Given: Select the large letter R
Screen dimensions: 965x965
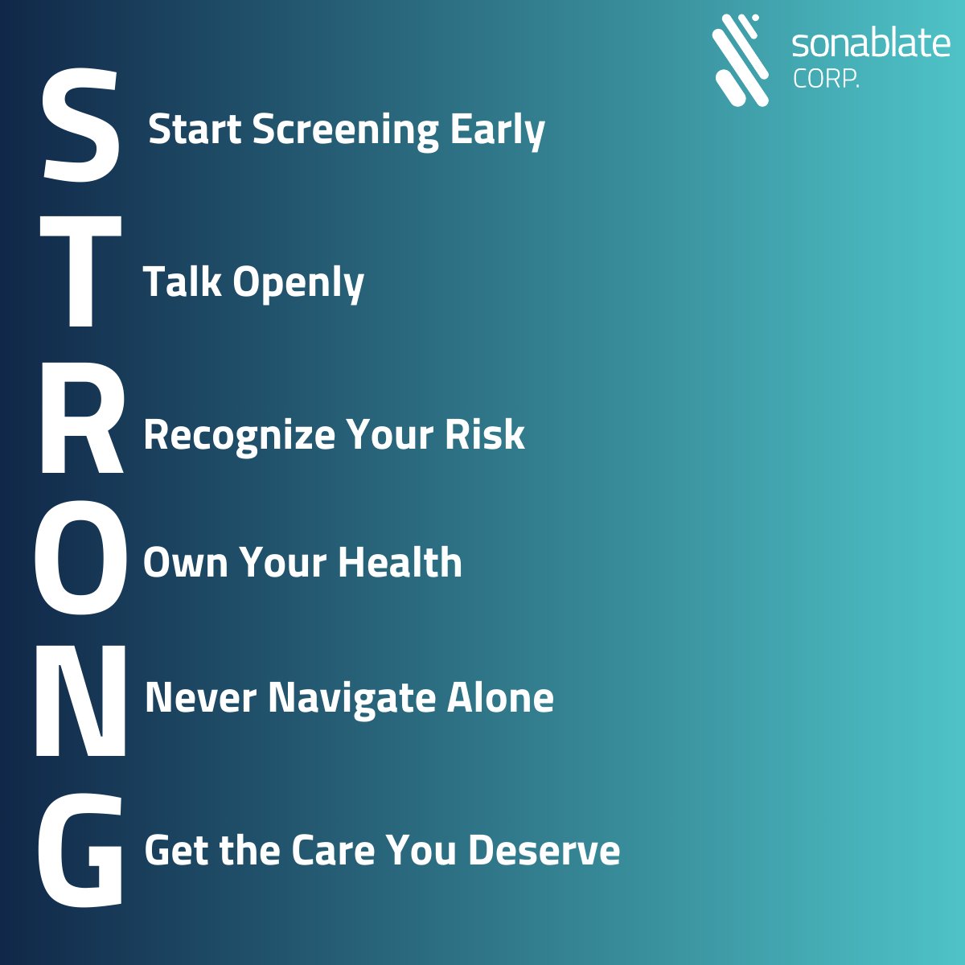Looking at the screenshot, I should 81,425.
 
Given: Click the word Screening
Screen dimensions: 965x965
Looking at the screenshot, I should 346,131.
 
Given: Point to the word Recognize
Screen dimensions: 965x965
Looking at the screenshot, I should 239,436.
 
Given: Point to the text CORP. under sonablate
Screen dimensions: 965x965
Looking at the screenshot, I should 826,80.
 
